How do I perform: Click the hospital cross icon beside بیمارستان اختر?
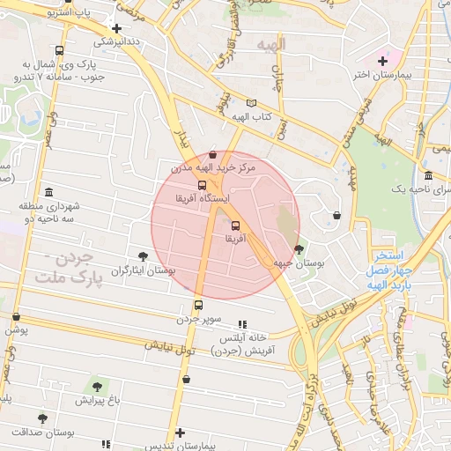(382, 61)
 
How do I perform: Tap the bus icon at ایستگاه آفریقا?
(203, 186)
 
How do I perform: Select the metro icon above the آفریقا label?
(234, 224)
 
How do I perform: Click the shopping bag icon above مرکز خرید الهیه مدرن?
(212, 154)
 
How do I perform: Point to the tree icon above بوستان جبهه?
(299, 249)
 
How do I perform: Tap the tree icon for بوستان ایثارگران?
(144, 256)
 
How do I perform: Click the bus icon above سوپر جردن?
(198, 306)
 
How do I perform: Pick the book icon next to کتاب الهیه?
(252, 102)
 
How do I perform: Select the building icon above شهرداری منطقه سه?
(48, 192)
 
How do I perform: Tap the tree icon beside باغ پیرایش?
(96, 386)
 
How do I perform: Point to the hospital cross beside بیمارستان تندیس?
(181, 433)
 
